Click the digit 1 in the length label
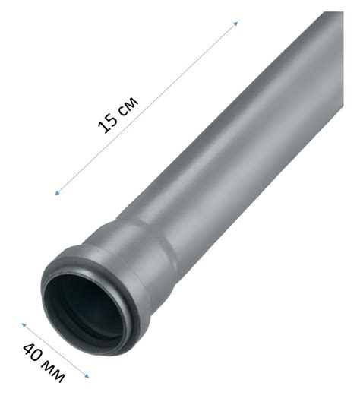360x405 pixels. (x=104, y=127)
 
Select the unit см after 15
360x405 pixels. (x=128, y=106)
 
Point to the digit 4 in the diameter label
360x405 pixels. (x=29, y=350)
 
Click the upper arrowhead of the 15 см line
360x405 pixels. (x=235, y=24)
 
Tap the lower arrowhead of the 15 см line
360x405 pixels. (x=57, y=193)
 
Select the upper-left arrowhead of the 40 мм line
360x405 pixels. (x=24, y=325)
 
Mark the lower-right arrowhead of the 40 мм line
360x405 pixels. (x=87, y=376)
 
